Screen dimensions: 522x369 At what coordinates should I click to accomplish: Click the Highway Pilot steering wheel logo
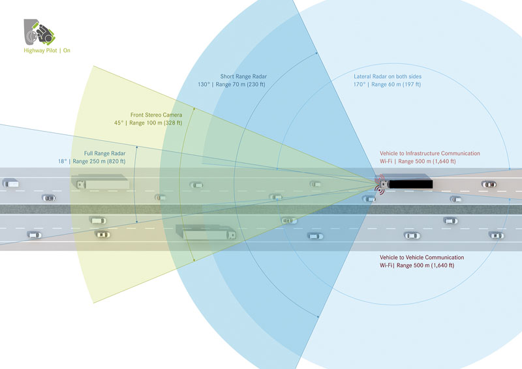coord(39,32)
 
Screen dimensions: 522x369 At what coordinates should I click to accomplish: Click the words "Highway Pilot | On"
coord(47,51)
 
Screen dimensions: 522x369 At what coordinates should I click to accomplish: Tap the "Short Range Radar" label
coord(243,76)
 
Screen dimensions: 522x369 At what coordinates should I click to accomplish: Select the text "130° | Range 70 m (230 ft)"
coord(232,85)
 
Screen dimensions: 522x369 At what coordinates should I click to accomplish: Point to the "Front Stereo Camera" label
coord(156,115)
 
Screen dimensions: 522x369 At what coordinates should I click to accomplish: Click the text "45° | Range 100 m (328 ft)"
coord(148,123)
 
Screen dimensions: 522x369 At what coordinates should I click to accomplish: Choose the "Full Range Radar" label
coord(104,153)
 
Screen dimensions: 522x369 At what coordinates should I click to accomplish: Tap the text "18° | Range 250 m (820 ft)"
coord(92,162)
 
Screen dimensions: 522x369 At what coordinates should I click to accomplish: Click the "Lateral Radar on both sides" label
coord(388,76)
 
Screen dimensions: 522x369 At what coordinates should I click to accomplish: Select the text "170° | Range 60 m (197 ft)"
coord(387,85)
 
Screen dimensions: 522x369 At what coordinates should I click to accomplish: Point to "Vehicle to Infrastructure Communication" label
coord(430,153)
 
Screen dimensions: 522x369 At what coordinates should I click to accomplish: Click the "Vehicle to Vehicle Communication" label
coord(422,258)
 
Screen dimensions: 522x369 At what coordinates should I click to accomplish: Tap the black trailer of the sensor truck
coord(411,184)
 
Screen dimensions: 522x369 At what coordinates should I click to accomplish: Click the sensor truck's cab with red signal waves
coord(384,184)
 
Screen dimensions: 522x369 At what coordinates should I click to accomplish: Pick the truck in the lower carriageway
coord(206,232)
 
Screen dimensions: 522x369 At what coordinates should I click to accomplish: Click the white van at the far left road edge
coord(11,183)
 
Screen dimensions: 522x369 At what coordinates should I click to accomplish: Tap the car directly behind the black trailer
coord(489,184)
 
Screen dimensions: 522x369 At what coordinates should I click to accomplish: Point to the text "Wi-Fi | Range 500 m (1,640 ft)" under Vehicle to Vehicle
coord(417,265)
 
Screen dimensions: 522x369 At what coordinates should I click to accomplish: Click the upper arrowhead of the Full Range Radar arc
coord(137,147)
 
